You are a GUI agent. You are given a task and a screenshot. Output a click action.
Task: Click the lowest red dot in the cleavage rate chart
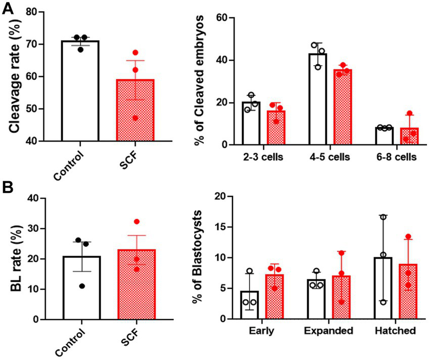135,118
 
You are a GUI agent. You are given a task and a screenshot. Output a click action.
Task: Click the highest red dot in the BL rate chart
136,222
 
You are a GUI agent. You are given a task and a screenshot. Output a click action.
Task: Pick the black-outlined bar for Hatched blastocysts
385,288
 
